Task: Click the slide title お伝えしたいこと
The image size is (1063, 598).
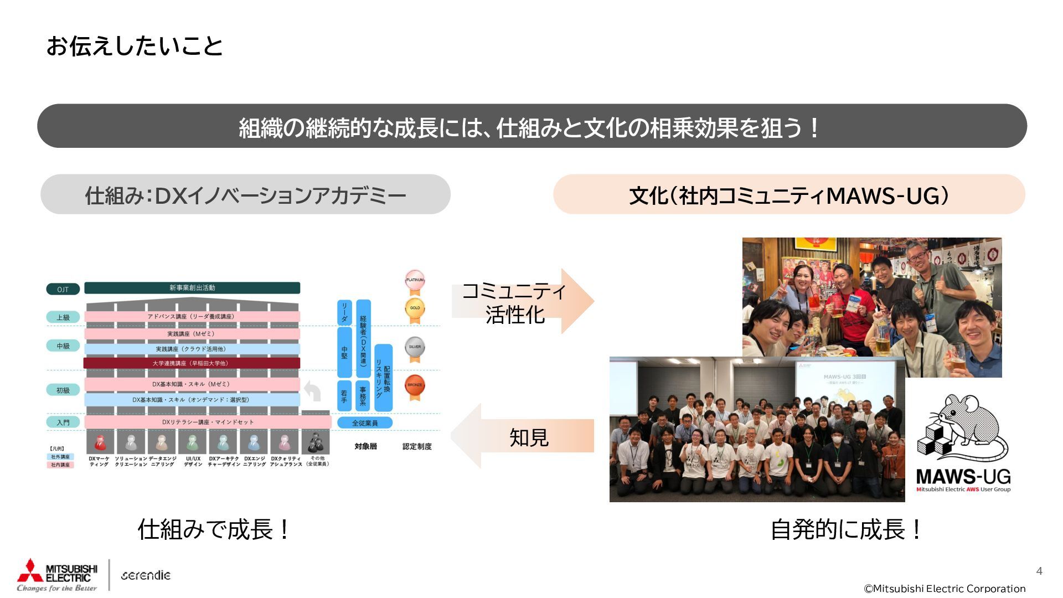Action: (135, 46)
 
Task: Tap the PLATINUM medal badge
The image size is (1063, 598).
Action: (415, 280)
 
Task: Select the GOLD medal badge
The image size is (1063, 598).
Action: (415, 308)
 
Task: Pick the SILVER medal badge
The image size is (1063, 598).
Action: (415, 348)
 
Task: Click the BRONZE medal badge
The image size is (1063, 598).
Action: (415, 385)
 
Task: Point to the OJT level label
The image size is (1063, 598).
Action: (63, 289)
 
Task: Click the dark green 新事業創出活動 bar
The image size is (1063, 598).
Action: (192, 288)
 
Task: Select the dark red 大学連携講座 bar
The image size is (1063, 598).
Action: (192, 363)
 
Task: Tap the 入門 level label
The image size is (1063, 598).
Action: (63, 422)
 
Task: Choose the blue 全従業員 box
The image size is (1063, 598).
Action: (365, 423)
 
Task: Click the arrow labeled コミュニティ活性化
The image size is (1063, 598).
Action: (523, 302)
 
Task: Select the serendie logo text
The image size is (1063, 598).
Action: (146, 575)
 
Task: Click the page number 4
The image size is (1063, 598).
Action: (1039, 571)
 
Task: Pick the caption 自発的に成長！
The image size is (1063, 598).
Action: (847, 529)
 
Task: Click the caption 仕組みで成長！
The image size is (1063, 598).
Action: (214, 529)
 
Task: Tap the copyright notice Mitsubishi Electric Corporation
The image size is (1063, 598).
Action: (945, 589)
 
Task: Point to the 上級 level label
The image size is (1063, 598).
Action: (63, 317)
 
